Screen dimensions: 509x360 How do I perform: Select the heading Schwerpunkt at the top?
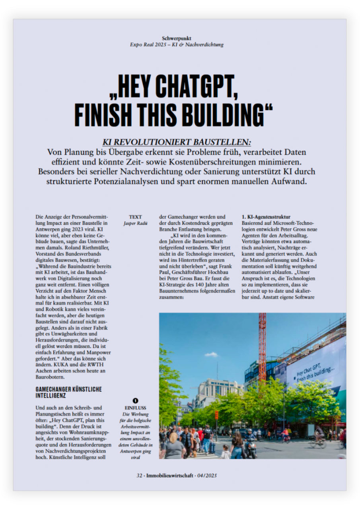click(177, 38)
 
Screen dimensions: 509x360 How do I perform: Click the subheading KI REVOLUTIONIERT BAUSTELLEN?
click(177, 142)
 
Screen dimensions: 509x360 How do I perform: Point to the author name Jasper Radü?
click(135, 223)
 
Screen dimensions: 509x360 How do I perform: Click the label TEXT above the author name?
click(135, 217)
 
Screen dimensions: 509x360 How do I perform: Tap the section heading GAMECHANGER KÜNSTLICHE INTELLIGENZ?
click(68, 392)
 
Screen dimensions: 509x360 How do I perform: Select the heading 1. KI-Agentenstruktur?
click(266, 217)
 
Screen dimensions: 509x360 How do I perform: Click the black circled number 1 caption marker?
click(135, 401)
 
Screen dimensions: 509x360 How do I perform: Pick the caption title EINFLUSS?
click(135, 408)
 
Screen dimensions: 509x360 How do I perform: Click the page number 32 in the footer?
click(139, 475)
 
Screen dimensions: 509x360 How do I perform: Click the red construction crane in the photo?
click(262, 346)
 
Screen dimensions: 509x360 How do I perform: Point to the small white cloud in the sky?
click(211, 354)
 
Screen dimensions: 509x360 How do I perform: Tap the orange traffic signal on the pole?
click(216, 415)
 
